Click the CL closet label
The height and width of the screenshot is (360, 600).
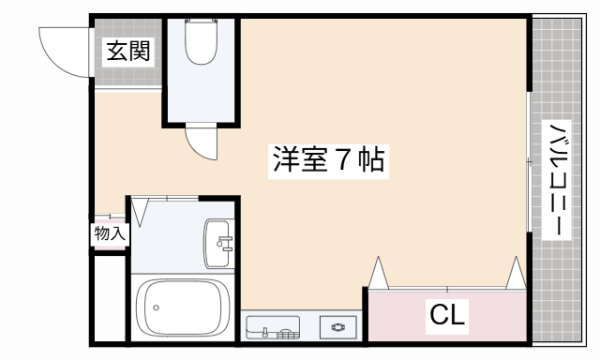click(x=447, y=315)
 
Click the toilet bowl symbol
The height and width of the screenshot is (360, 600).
click(x=202, y=42)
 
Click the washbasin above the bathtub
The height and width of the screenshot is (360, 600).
click(x=218, y=246)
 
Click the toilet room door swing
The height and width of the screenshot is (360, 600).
click(x=201, y=142)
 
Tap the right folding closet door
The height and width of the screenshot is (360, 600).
click(x=516, y=272)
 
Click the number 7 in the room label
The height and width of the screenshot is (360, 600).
click(x=343, y=160)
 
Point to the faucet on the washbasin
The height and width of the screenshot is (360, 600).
click(x=224, y=246)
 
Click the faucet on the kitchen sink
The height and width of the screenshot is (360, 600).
click(x=266, y=331)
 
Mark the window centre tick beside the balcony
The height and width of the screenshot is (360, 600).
click(x=530, y=162)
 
